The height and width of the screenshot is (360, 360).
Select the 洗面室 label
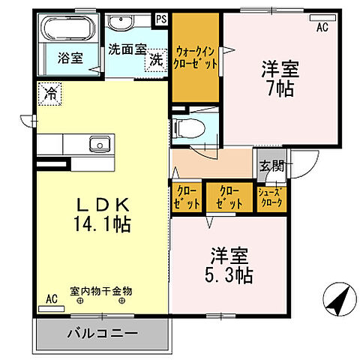click(x=126, y=51)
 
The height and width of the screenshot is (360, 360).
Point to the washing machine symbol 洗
click(x=156, y=59)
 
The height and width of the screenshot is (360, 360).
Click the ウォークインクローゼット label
click(x=196, y=58)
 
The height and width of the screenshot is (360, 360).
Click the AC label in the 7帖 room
click(x=322, y=28)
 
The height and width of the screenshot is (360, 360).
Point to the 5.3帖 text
click(x=229, y=274)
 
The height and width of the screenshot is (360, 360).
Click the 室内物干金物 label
click(x=101, y=289)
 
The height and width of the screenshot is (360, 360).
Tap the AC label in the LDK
click(x=51, y=298)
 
